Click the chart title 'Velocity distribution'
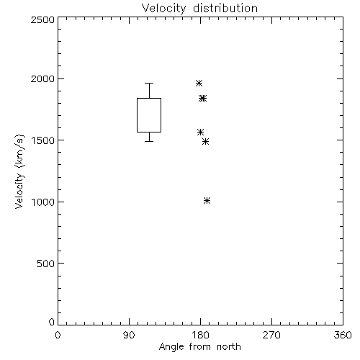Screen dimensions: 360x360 (199, 9)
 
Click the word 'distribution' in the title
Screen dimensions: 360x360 (225, 8)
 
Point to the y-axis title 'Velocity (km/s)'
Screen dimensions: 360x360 (19, 171)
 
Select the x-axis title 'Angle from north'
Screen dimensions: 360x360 (199, 347)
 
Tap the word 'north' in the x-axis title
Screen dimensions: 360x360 (229, 347)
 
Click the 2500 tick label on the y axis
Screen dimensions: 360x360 (42, 19)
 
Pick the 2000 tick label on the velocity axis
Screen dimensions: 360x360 (42, 78)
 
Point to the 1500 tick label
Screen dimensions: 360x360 (43, 140)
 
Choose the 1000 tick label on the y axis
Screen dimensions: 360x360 (43, 202)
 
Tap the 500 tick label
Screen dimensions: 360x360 (46, 264)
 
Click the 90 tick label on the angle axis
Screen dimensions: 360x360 (129, 335)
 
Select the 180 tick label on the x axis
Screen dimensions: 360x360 (200, 335)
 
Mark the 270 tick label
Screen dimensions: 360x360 (271, 335)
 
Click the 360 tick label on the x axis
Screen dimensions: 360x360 (343, 335)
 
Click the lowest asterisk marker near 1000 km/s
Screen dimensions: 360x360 (207, 201)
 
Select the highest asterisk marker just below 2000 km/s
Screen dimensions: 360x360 (199, 84)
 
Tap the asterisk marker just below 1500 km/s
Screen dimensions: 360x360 (205, 142)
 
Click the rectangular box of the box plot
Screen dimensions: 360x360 (137, 115)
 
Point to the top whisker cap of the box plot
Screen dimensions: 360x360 (149, 83)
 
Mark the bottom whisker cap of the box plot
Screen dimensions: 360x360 (149, 141)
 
